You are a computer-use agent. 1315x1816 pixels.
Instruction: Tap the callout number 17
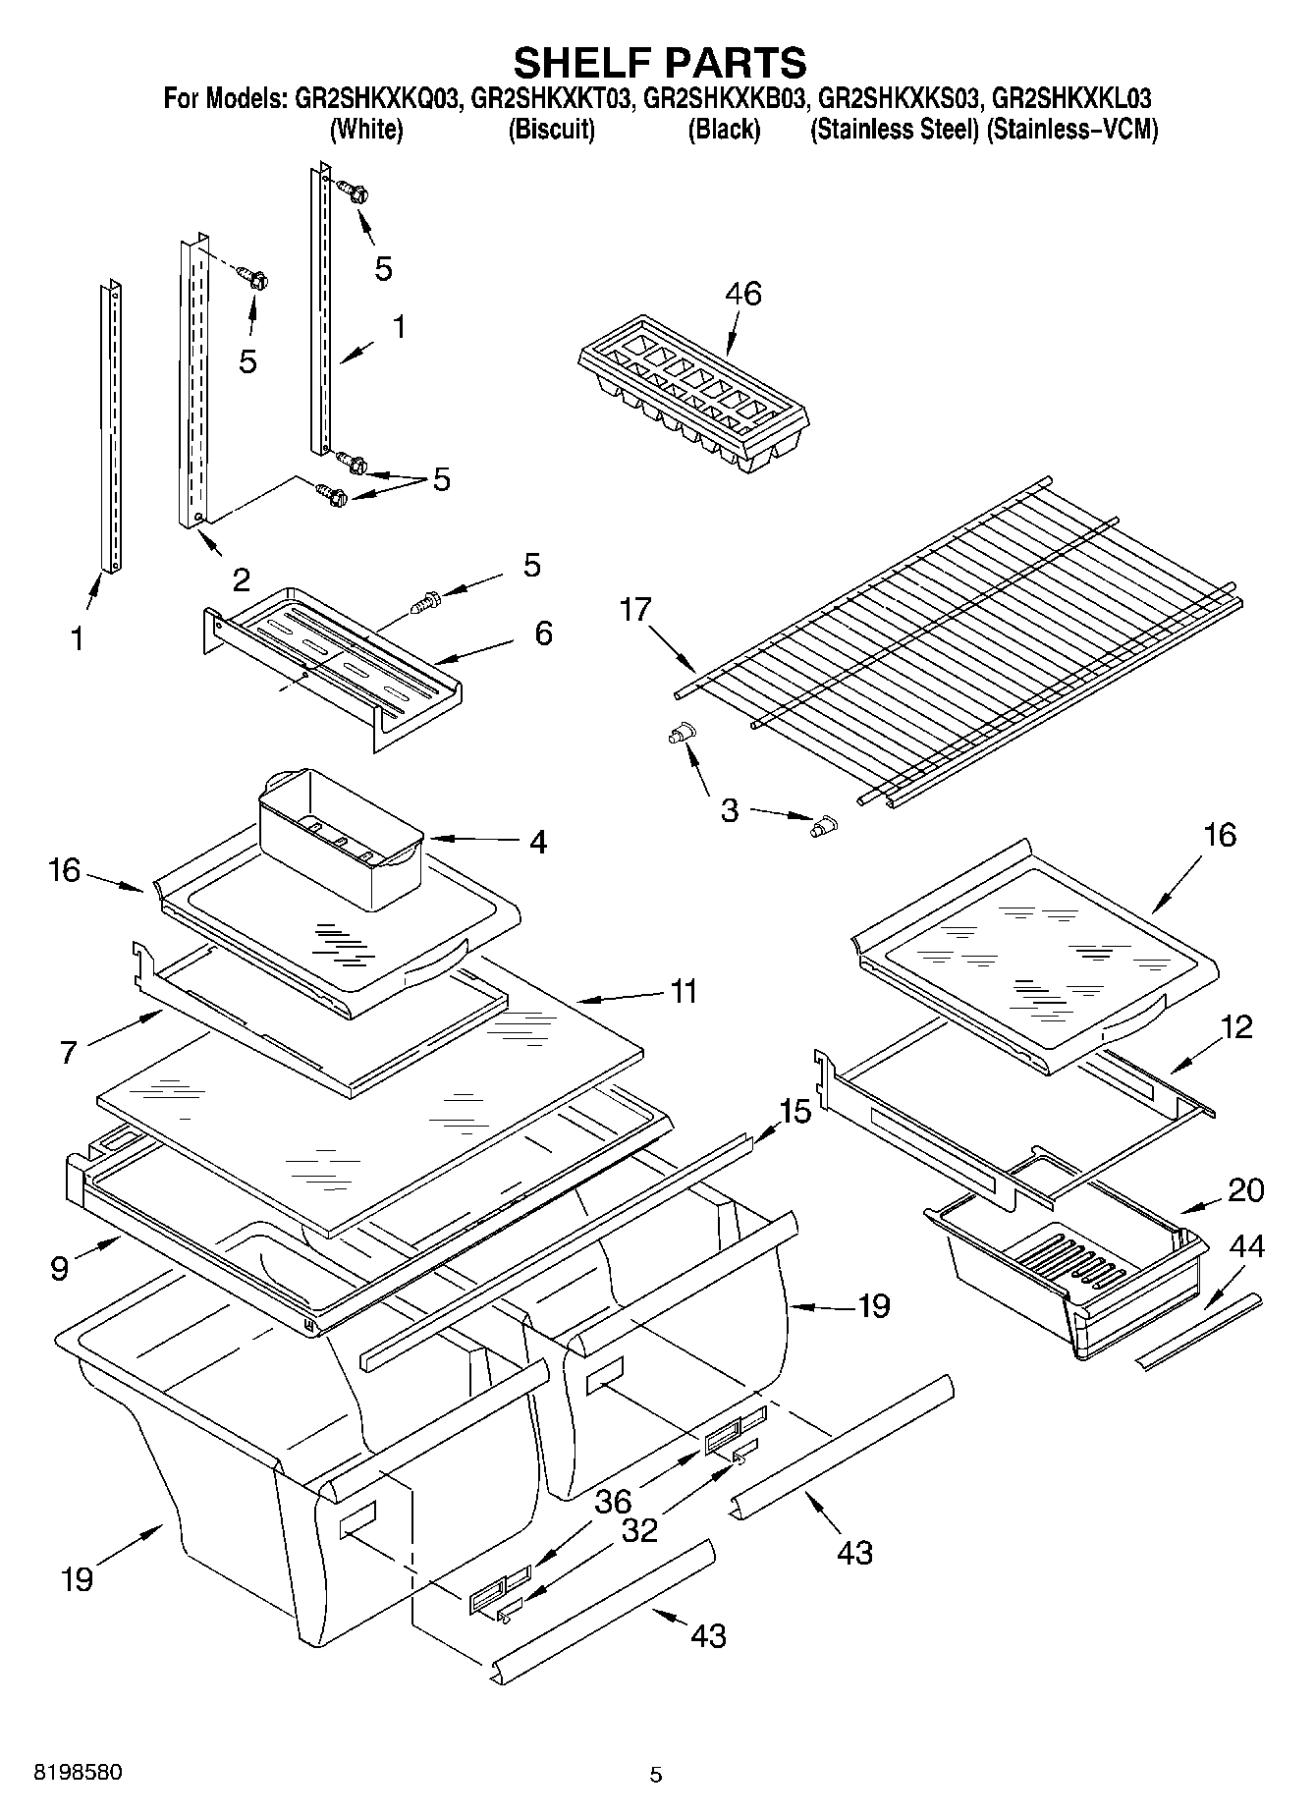click(x=635, y=610)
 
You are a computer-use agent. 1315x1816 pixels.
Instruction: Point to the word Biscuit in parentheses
click(x=551, y=130)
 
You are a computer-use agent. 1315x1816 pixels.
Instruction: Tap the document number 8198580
click(x=78, y=1773)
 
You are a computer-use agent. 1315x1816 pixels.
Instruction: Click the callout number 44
click(x=1246, y=1247)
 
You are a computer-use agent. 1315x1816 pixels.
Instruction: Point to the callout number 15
click(x=794, y=1112)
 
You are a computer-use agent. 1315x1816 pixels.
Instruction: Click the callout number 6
click(x=543, y=633)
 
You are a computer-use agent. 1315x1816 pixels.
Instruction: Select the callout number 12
click(x=1236, y=1027)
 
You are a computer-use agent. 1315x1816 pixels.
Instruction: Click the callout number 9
click(x=60, y=1269)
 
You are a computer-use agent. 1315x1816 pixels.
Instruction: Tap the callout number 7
click(x=68, y=1052)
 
